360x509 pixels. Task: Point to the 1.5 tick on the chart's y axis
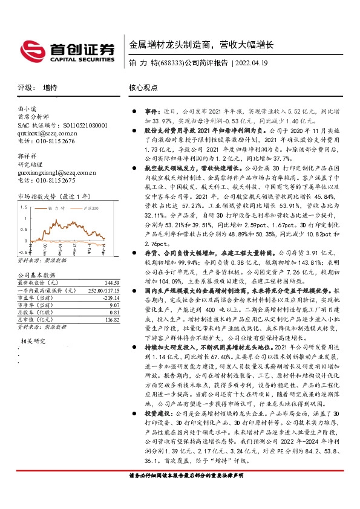pos(22,213)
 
